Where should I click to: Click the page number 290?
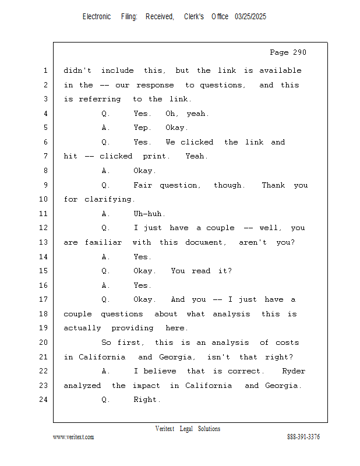[x=299, y=52]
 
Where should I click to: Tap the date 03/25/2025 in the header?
[x=250, y=17]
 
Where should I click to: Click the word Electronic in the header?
[x=97, y=17]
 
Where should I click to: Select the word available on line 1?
[x=280, y=70]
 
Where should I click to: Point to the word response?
[x=155, y=86]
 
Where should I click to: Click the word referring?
[x=100, y=99]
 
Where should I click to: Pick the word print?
[x=156, y=156]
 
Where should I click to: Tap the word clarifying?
[x=110, y=199]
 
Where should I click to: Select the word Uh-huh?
[x=149, y=214]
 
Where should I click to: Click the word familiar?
[x=104, y=242]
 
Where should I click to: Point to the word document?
[x=206, y=242]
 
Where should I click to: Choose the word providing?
[x=133, y=328]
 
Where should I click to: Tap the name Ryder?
[x=294, y=371]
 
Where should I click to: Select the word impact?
[x=146, y=386]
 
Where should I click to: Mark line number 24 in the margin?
[x=44, y=400]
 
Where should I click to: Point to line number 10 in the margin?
[x=44, y=199]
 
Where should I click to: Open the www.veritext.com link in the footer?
[x=73, y=437]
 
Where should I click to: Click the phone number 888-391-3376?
[x=303, y=437]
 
